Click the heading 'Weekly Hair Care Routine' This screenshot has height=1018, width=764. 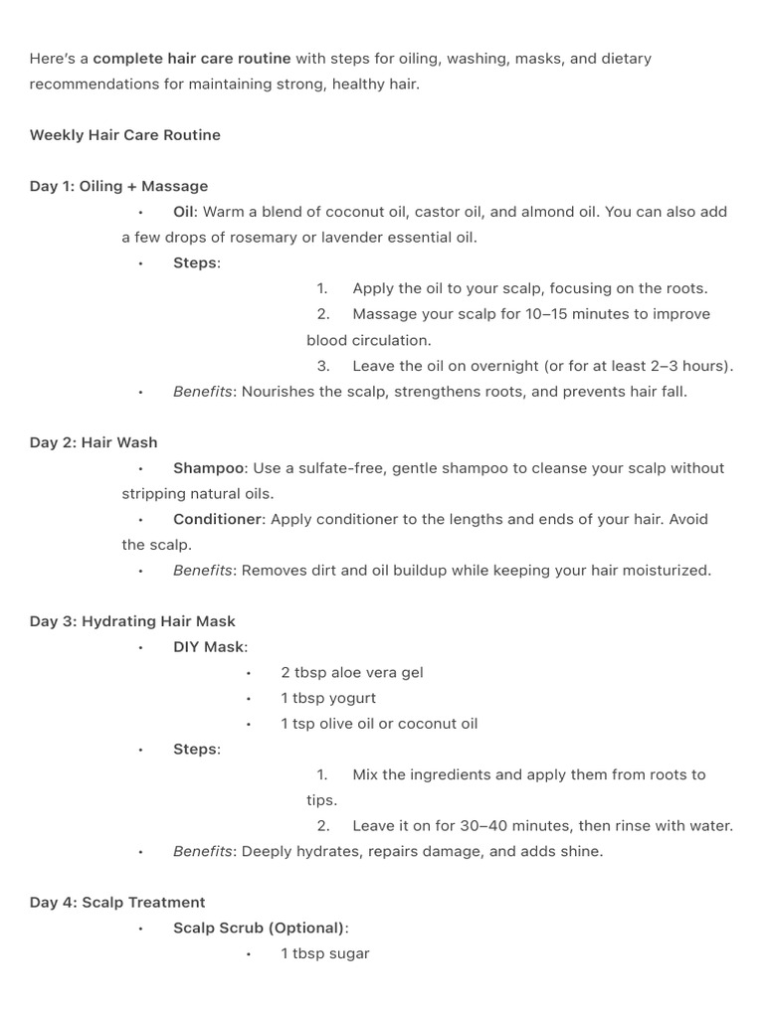(x=125, y=135)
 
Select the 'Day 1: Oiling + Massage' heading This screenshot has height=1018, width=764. (x=118, y=186)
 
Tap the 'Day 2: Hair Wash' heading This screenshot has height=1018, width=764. (x=94, y=442)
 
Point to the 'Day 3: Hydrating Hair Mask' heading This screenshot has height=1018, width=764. (x=132, y=621)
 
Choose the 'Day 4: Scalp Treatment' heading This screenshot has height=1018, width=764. (x=117, y=903)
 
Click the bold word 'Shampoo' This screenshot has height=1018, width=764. (x=208, y=468)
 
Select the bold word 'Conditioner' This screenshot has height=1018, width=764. (x=217, y=519)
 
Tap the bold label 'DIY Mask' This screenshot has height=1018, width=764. (x=208, y=647)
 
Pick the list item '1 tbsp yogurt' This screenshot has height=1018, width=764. (x=328, y=698)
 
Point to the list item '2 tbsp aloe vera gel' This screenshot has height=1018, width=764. (x=351, y=673)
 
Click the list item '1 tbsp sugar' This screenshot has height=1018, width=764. (x=324, y=954)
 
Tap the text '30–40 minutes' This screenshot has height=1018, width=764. (x=511, y=826)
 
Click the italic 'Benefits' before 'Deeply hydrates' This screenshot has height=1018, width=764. (x=203, y=852)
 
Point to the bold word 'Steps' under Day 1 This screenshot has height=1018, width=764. (x=194, y=263)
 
